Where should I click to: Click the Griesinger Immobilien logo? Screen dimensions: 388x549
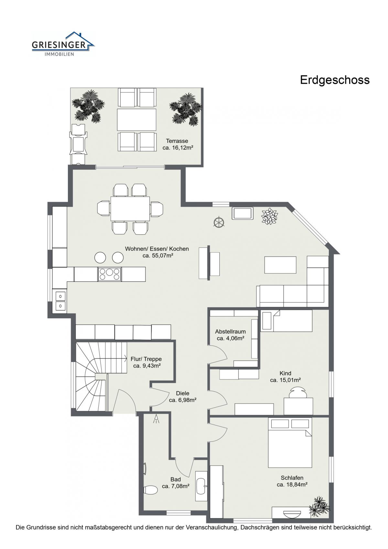pyautogui.click(x=63, y=44)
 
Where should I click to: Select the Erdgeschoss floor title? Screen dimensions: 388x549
pyautogui.click(x=335, y=80)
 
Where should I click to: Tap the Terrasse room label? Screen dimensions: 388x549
pyautogui.click(x=177, y=141)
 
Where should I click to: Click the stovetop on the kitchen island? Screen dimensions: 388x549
pyautogui.click(x=109, y=274)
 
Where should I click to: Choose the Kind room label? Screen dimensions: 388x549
pyautogui.click(x=286, y=373)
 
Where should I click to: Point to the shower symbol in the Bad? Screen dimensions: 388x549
pyautogui.click(x=156, y=419)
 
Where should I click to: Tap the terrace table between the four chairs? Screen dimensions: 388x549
pyautogui.click(x=136, y=120)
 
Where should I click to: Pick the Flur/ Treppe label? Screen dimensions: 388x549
pyautogui.click(x=146, y=359)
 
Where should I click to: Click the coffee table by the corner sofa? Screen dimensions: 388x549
pyautogui.click(x=280, y=265)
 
